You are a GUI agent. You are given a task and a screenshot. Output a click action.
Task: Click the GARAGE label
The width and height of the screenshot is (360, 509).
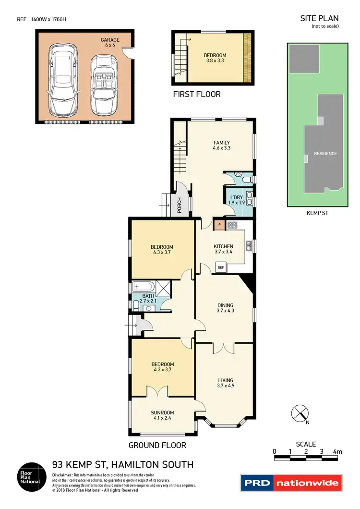(109, 40)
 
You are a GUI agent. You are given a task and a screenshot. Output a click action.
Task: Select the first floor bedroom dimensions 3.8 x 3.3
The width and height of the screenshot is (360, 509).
(215, 61)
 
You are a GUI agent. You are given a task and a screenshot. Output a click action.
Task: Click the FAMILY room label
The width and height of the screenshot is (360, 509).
(222, 143)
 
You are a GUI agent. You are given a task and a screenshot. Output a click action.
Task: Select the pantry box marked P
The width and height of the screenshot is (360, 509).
(219, 224)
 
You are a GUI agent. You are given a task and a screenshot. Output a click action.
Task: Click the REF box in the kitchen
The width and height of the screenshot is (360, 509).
(221, 267)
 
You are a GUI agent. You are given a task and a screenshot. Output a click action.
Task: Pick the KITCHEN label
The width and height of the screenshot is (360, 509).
(223, 246)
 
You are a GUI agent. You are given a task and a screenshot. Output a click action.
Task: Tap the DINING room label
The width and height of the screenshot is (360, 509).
(225, 305)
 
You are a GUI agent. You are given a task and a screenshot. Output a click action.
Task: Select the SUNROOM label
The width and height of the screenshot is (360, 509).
(162, 412)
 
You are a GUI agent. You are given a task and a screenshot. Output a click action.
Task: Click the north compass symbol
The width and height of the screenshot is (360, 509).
(300, 413)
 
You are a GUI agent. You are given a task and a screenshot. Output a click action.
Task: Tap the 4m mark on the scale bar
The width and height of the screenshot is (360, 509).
(337, 451)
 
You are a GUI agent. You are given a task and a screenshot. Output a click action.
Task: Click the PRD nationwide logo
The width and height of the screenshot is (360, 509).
(291, 483)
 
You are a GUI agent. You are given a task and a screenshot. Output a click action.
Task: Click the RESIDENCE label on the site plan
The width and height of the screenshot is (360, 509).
(325, 154)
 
